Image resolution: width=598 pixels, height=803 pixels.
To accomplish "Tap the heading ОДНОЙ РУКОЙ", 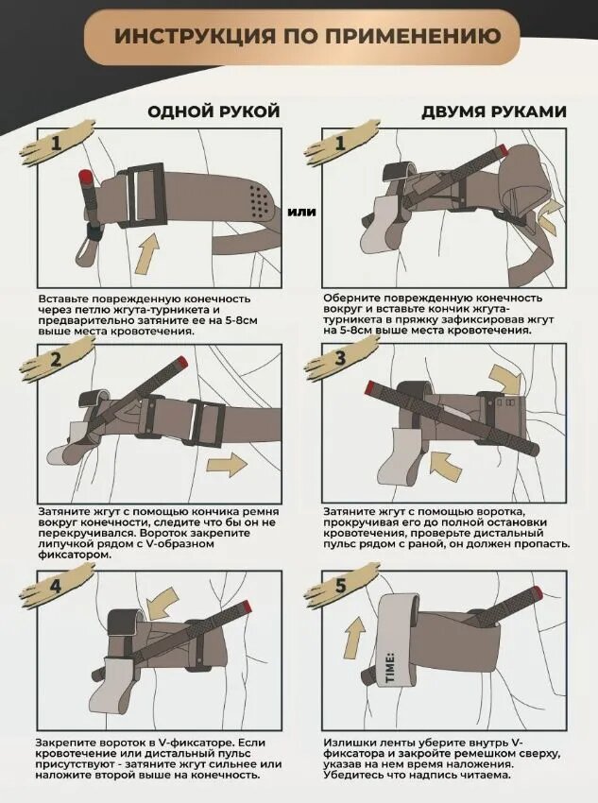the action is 214,111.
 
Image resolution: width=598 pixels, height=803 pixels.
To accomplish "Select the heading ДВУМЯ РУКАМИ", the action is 494,111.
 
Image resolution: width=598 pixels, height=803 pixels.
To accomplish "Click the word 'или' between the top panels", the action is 301,211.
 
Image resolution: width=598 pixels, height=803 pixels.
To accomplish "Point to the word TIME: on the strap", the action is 389,667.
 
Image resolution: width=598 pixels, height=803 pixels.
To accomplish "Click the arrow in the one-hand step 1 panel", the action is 146,254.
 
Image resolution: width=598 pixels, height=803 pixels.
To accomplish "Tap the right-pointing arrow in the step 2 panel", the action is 227,464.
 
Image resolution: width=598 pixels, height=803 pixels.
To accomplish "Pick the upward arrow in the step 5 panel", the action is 354,637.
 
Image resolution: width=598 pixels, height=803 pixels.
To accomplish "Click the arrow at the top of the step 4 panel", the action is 162,604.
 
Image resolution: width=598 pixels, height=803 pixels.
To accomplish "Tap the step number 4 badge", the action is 56,585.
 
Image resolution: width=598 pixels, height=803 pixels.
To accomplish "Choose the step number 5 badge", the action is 340,585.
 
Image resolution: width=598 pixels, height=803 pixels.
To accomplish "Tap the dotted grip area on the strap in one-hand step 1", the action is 261,200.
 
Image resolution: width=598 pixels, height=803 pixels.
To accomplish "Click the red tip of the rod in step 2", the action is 180,361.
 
